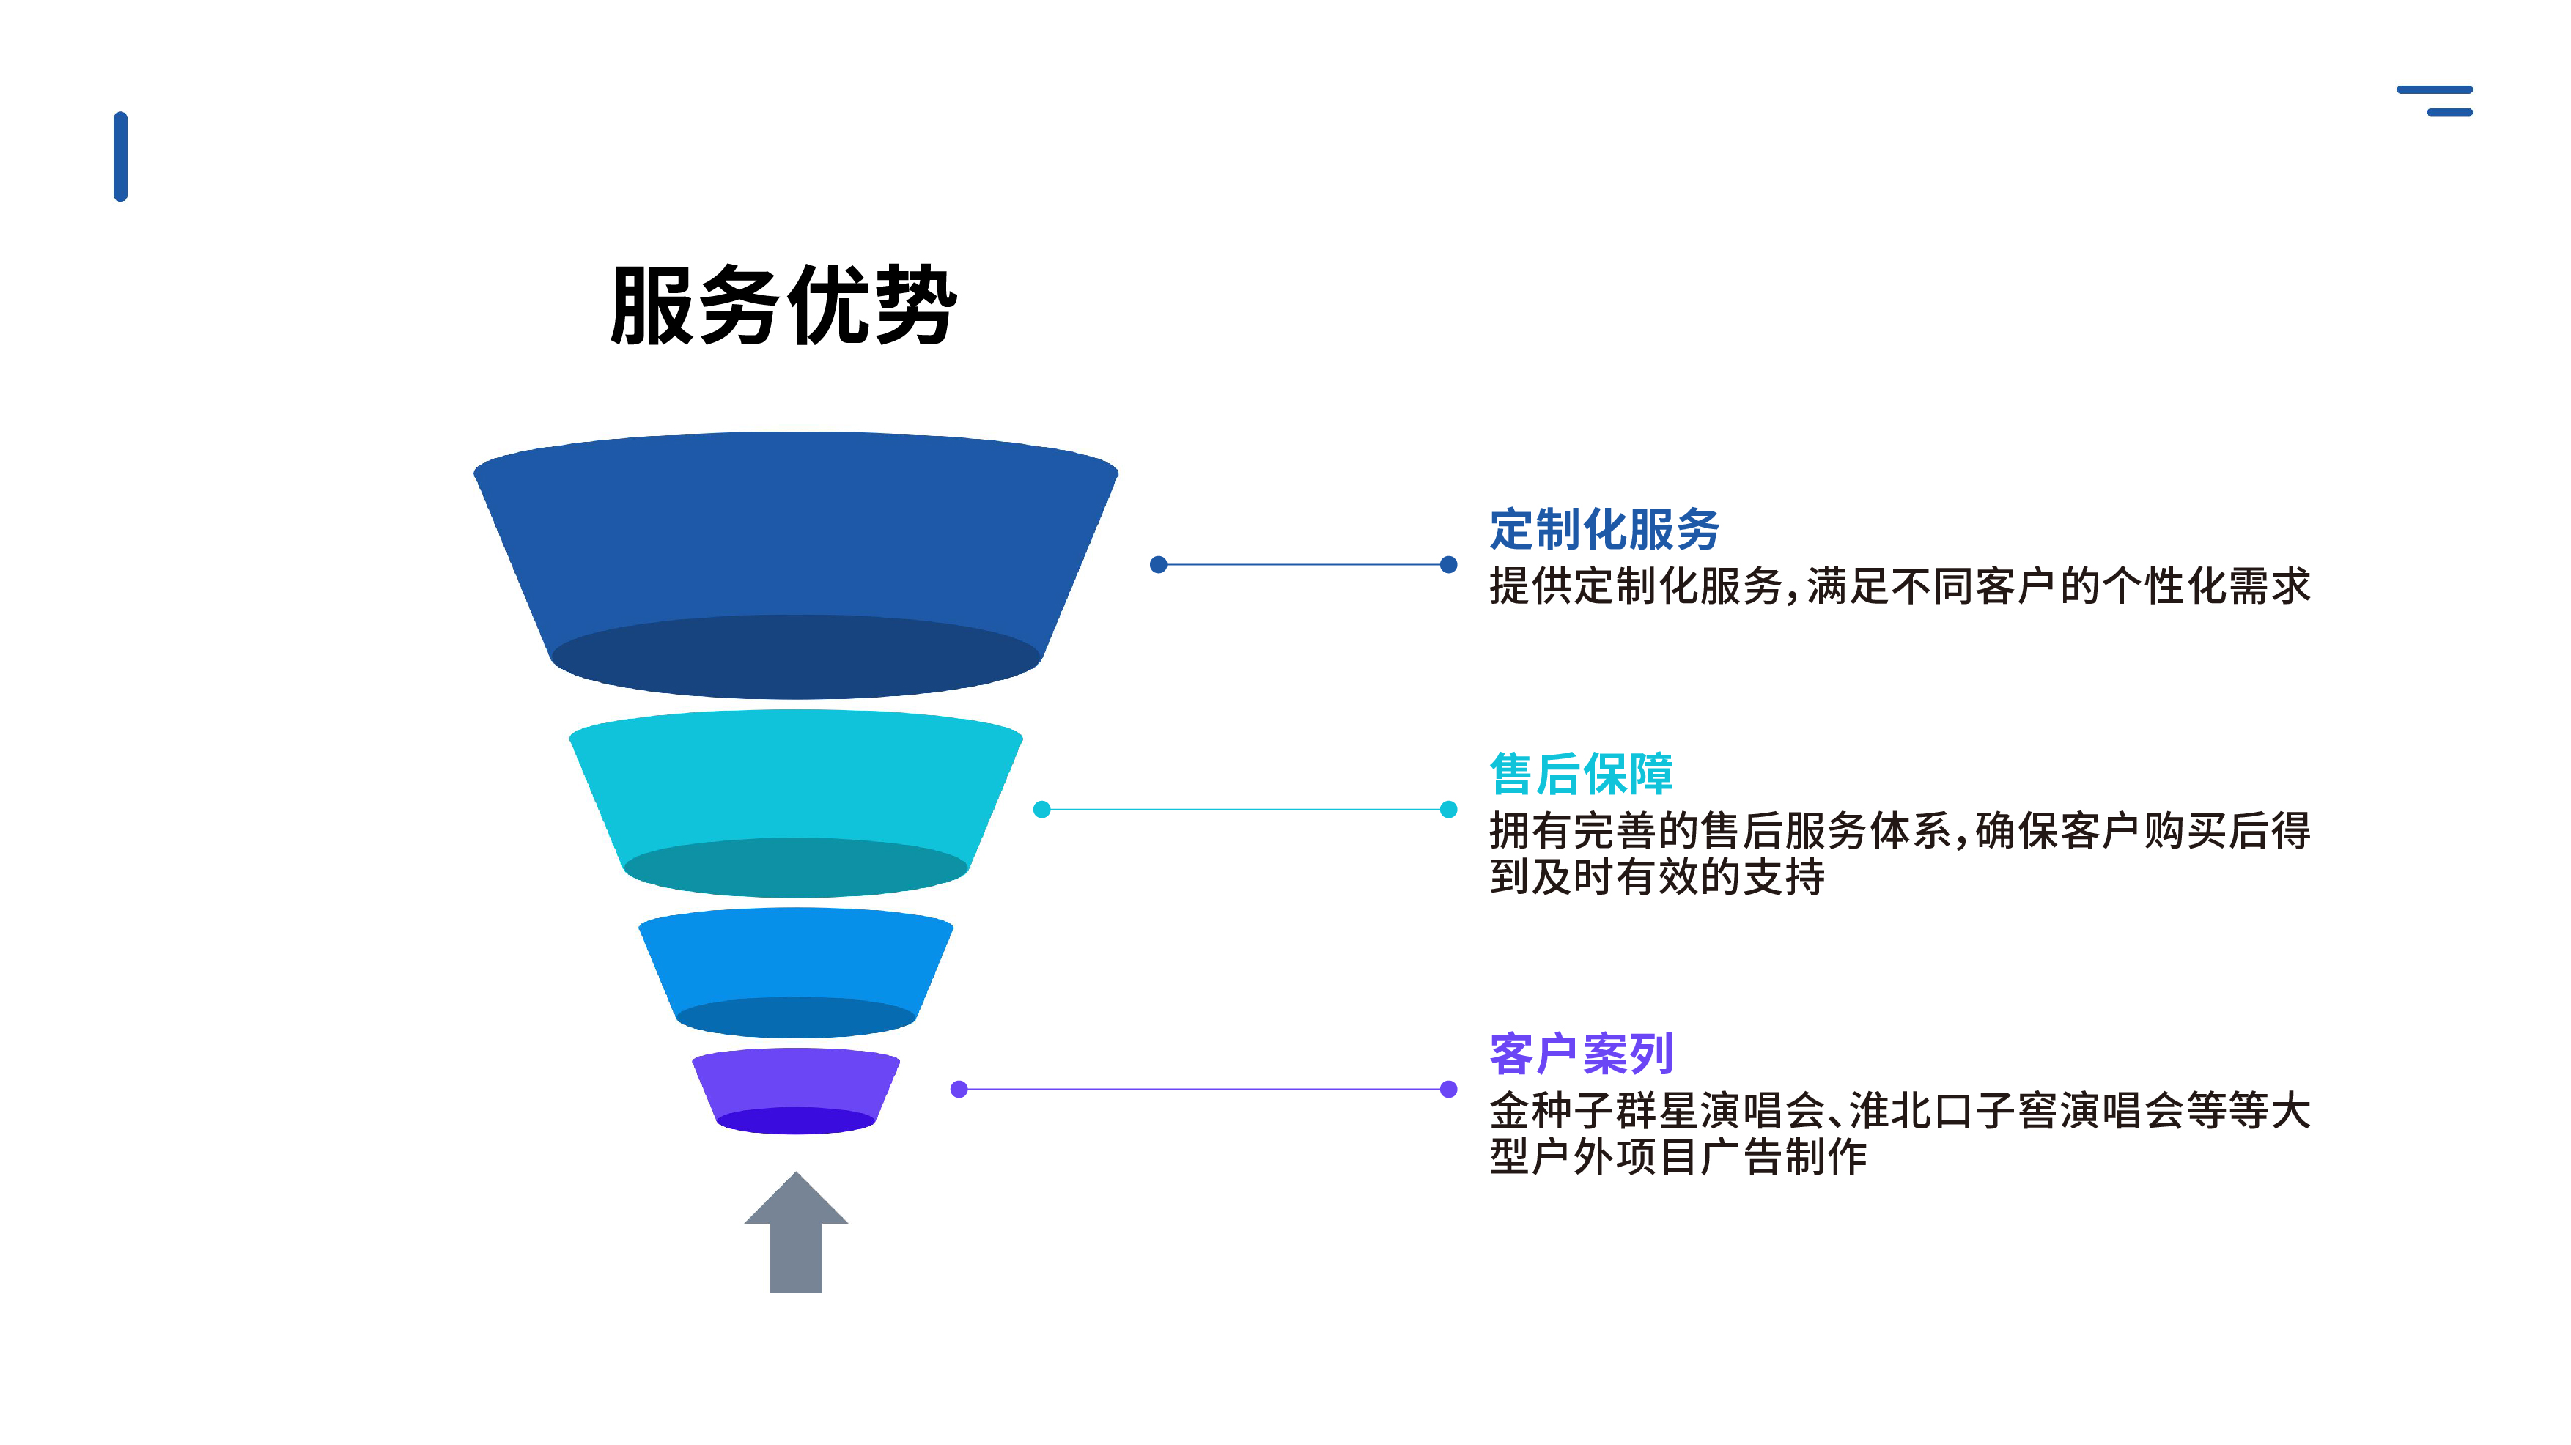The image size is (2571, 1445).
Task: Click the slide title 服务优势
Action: point(783,306)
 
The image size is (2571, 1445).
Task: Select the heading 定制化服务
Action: point(1604,529)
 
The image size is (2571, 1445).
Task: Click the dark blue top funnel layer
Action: point(795,539)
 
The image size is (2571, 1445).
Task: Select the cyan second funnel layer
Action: point(795,783)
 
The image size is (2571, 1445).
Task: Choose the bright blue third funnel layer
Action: point(795,958)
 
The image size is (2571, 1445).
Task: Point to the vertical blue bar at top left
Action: point(121,157)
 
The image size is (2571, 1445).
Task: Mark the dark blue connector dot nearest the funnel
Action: point(1158,565)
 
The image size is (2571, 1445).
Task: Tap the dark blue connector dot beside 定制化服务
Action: point(1448,565)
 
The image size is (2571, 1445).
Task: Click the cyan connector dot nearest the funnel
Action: point(1041,809)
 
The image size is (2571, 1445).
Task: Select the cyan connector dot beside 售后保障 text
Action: point(1448,809)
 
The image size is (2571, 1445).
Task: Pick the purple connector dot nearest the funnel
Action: point(959,1089)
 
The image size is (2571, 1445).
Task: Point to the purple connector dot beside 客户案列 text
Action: point(1448,1089)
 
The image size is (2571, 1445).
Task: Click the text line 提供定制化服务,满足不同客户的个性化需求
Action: point(1900,585)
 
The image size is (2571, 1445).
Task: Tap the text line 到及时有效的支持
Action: point(1657,877)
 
